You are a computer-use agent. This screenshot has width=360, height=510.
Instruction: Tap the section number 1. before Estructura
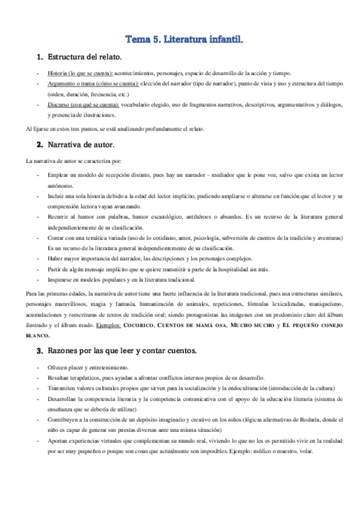[40, 57]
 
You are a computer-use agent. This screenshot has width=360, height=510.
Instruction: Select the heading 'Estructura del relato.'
[85, 57]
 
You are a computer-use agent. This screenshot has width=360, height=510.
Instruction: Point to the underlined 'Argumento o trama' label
[93, 84]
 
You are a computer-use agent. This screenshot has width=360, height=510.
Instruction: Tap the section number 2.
[40, 145]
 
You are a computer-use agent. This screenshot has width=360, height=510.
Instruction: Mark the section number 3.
[40, 350]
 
